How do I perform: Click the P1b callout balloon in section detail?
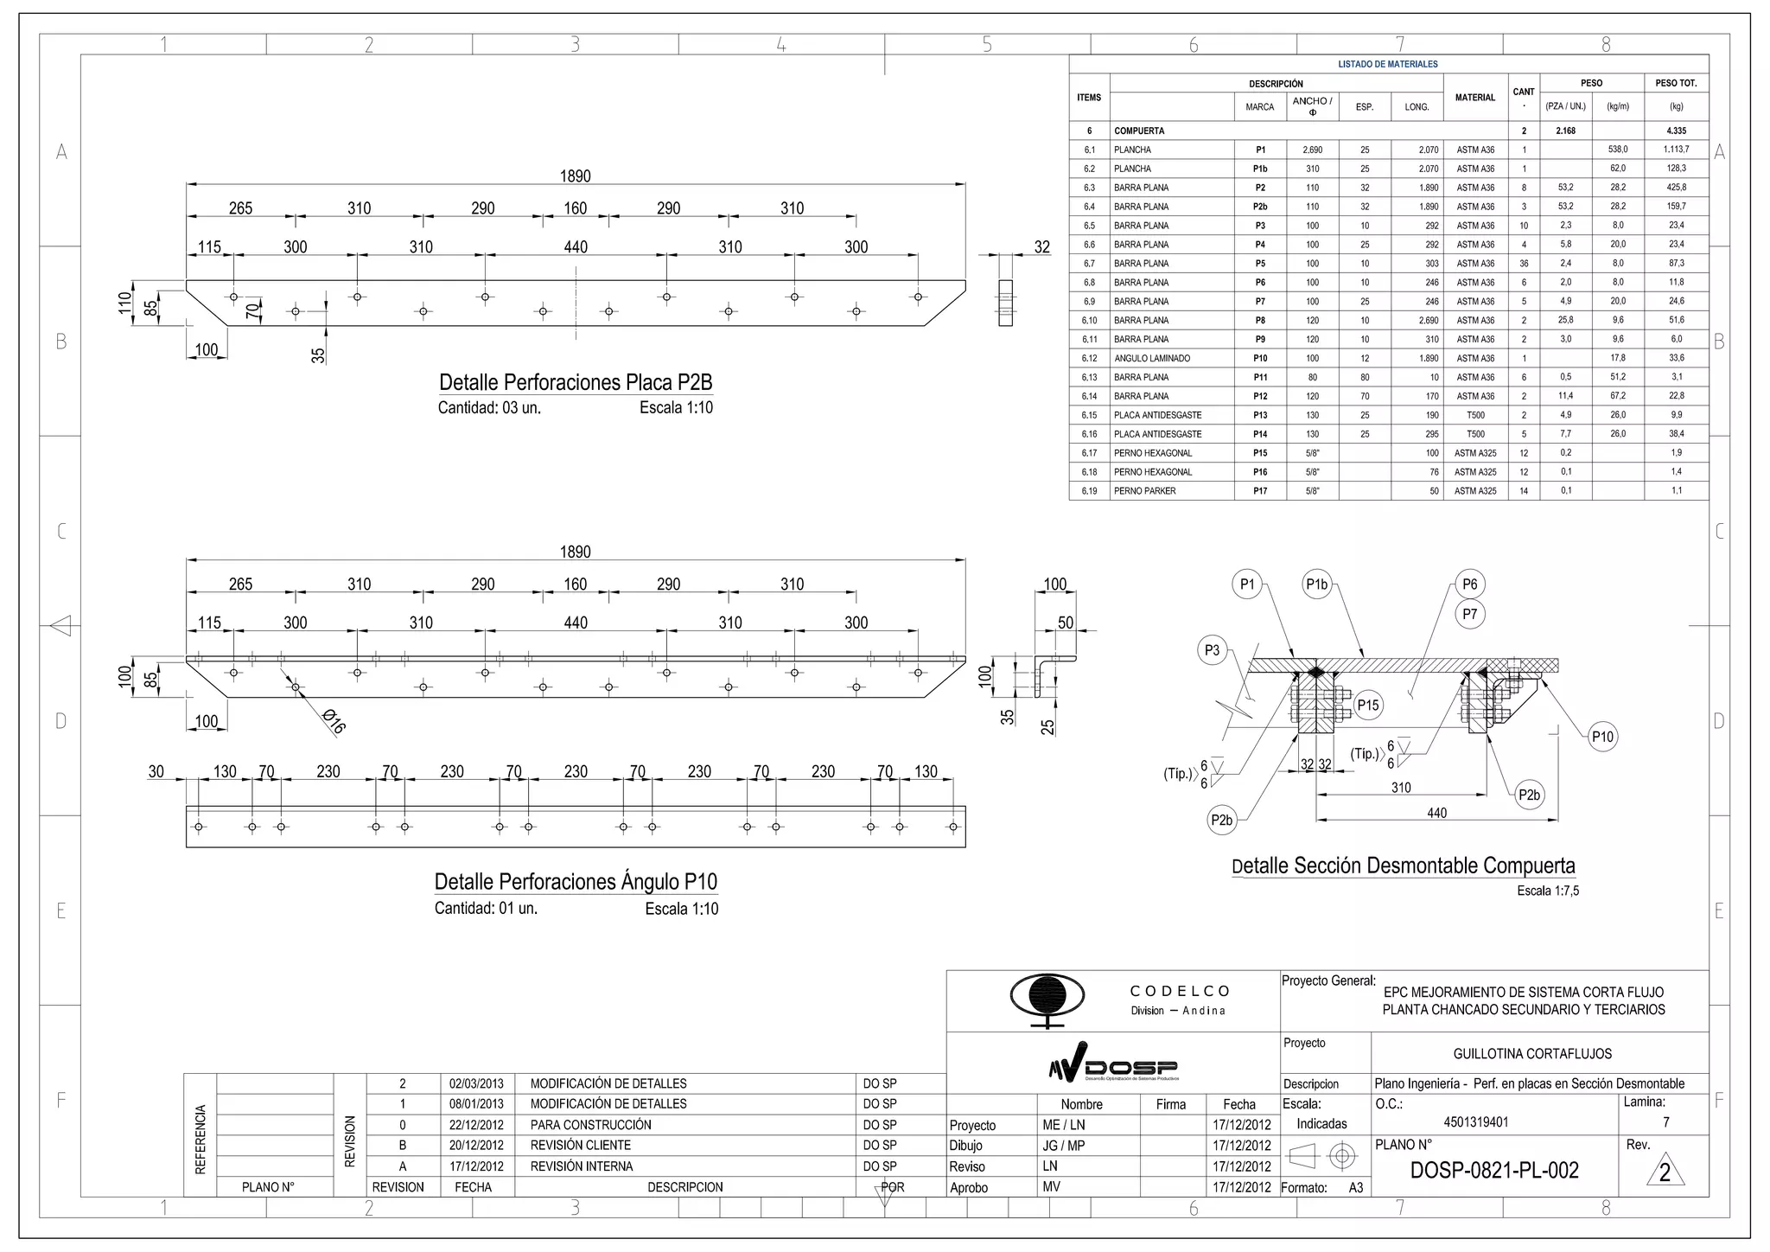coord(1316,584)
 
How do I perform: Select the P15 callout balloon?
coord(1367,705)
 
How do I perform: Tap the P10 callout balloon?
coord(1601,737)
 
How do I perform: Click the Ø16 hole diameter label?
coord(333,721)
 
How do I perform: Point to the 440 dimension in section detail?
coord(1436,813)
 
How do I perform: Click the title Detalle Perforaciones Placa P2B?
coord(576,382)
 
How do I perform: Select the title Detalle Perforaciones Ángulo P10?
coord(576,882)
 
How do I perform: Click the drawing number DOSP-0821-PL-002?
coord(1494,1171)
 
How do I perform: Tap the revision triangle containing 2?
coord(1665,1173)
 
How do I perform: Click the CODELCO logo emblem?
coord(1047,998)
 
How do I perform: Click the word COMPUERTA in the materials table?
coord(1139,131)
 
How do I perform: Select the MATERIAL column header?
coord(1474,98)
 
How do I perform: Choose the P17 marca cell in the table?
coord(1260,491)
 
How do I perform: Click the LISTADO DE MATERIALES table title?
coord(1388,64)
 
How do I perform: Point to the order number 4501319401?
coord(1475,1122)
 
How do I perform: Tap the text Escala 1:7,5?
coord(1547,891)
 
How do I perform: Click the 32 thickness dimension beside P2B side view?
coord(1042,247)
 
